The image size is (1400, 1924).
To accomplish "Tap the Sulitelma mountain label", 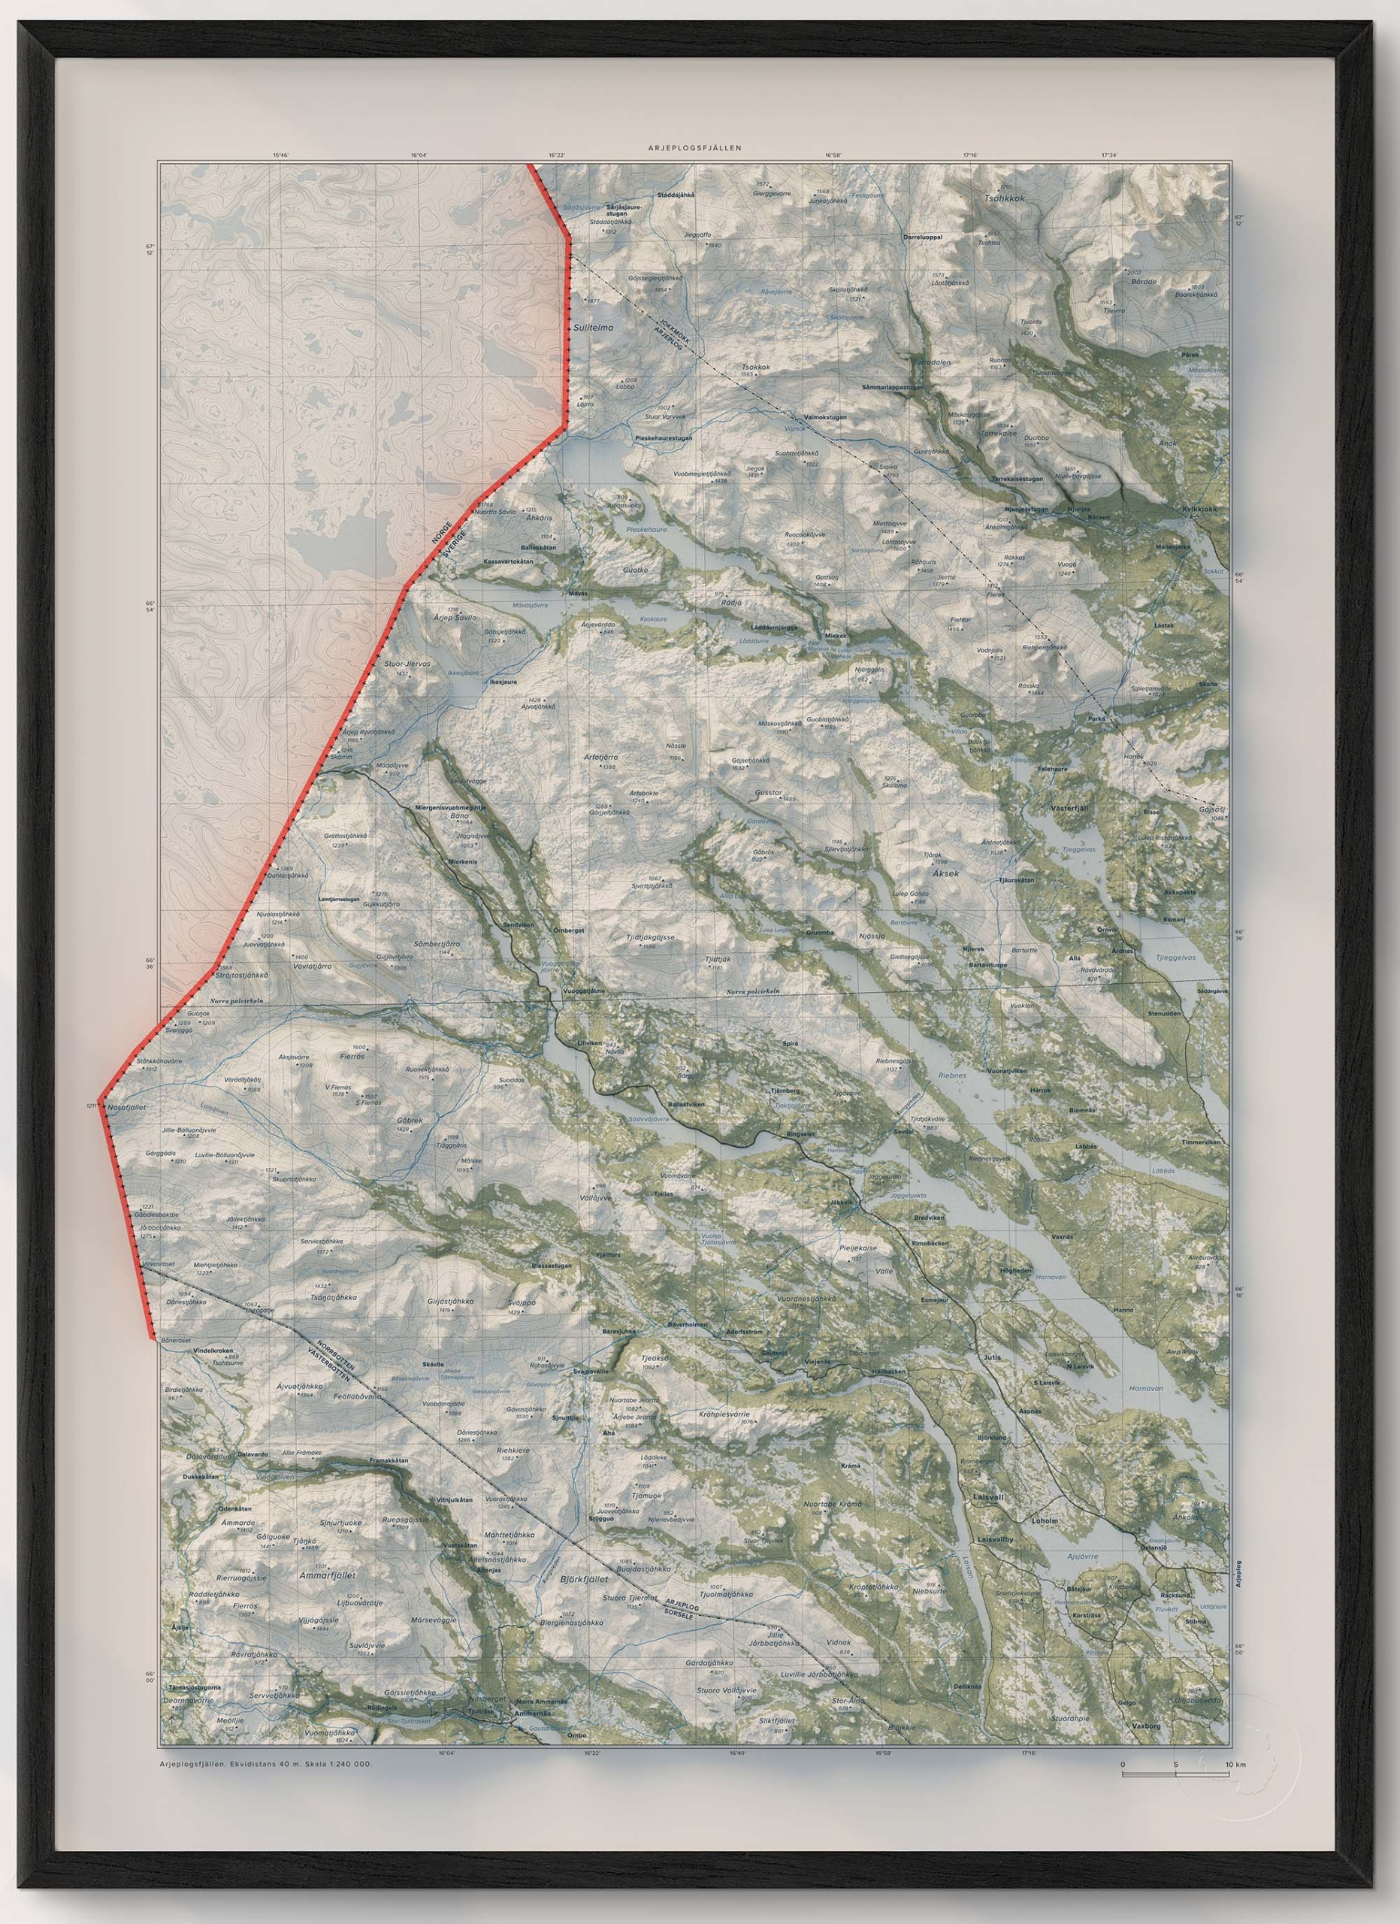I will coord(592,325).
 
